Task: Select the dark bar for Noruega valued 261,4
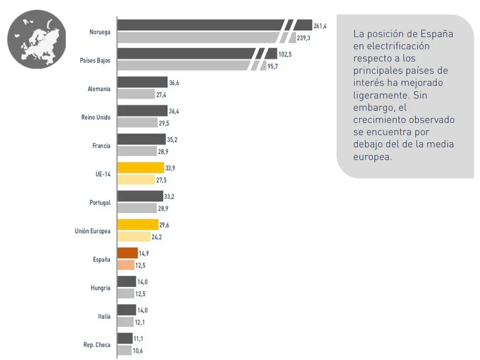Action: [200, 25]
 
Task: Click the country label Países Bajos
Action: [95, 60]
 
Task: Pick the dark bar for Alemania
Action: [142, 82]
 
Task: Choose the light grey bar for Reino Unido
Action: [137, 123]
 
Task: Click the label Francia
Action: [101, 146]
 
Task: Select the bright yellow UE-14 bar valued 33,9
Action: [140, 168]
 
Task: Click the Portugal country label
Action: [100, 202]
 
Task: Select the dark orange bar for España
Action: [128, 253]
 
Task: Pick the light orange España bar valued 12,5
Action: [126, 265]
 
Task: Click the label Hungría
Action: [100, 288]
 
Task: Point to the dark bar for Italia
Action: [127, 310]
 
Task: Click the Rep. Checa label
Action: [97, 345]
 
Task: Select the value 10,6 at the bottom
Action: [138, 351]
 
